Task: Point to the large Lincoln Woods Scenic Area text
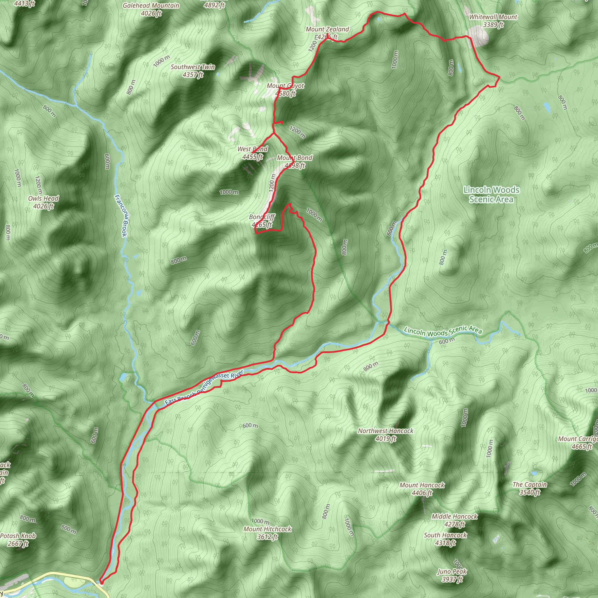[x=491, y=194]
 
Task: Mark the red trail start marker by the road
[x=101, y=582]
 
